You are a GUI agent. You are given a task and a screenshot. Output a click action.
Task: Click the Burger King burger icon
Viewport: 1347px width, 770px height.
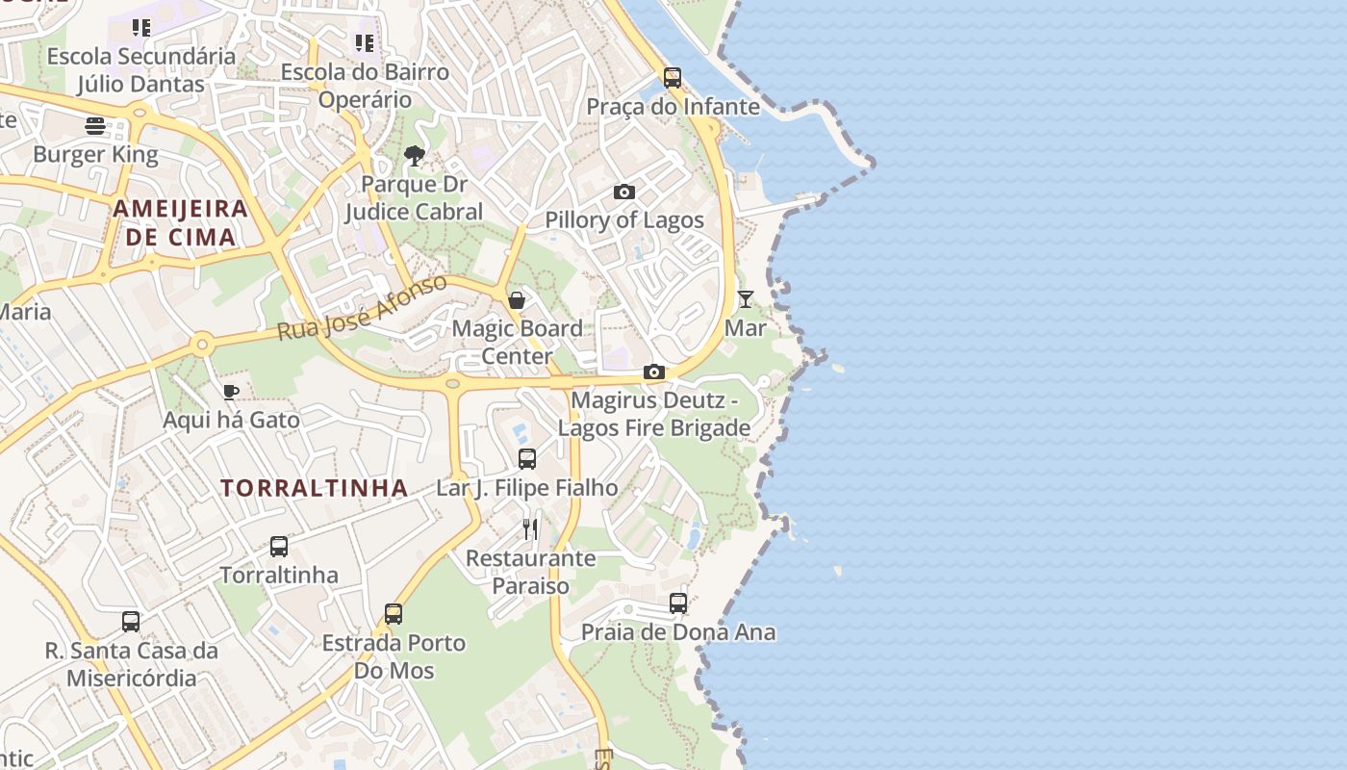(x=94, y=126)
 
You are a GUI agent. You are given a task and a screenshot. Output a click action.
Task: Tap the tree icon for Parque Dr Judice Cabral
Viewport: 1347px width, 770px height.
(x=415, y=155)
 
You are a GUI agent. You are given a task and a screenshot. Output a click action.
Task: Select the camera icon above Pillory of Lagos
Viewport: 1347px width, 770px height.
(x=624, y=192)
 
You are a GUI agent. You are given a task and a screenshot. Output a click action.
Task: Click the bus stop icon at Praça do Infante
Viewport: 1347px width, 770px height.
(x=673, y=78)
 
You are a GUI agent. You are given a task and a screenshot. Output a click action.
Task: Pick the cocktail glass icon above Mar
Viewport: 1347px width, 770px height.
(x=746, y=299)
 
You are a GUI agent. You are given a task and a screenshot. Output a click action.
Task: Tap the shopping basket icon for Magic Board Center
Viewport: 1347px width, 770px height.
(x=517, y=300)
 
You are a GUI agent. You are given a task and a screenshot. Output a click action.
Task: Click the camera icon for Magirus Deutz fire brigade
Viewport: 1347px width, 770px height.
(x=654, y=372)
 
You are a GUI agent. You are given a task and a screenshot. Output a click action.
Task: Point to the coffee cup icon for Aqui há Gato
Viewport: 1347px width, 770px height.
(x=230, y=392)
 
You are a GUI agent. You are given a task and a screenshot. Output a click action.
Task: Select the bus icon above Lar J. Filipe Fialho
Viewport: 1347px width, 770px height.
(x=527, y=459)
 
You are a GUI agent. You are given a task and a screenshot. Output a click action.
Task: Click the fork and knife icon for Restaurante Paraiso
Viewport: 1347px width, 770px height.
(x=530, y=528)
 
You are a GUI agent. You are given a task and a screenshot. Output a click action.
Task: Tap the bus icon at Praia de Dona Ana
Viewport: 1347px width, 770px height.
(x=678, y=603)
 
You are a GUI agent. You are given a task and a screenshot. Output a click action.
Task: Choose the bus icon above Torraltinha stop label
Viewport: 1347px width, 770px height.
(x=279, y=547)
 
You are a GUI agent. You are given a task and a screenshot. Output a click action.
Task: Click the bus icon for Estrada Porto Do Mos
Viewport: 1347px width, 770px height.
(x=394, y=614)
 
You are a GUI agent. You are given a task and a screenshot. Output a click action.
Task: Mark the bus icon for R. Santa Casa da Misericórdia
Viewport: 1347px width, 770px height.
(x=131, y=622)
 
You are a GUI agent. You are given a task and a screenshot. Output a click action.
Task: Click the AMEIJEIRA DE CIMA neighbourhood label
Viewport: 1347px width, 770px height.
(x=181, y=222)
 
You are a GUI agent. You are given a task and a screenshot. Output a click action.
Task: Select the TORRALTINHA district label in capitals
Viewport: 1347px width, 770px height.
(x=315, y=488)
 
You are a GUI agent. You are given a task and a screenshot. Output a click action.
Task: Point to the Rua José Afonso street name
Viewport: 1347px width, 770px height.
(x=362, y=307)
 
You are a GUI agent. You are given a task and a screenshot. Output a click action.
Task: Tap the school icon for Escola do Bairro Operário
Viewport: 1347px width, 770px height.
(x=364, y=42)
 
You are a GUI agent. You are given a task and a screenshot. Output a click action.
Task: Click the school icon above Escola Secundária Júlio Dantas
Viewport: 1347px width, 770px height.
(x=141, y=28)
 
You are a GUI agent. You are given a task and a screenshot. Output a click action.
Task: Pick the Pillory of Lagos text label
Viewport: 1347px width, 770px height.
(x=624, y=220)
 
